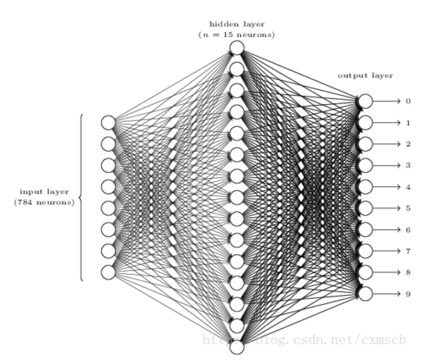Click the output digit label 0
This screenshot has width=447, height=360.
(x=408, y=101)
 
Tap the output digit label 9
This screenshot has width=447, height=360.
(x=408, y=294)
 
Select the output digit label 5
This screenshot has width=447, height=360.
(x=408, y=208)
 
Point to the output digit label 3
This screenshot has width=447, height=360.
(x=408, y=165)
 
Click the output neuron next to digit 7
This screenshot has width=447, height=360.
(x=365, y=250)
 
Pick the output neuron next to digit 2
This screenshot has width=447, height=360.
(x=365, y=144)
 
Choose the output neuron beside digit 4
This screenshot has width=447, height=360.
(x=365, y=187)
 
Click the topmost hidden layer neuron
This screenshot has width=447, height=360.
(x=237, y=47)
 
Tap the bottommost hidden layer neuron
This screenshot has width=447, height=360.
(x=237, y=347)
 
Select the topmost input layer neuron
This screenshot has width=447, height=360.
(x=108, y=122)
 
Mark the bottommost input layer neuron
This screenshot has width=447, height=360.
(x=108, y=272)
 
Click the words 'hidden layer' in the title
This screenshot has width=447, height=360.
(x=237, y=24)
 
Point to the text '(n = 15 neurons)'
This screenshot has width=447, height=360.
(x=237, y=34)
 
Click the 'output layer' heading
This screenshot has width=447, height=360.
(x=365, y=76)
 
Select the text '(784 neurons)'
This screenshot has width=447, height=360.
(x=44, y=202)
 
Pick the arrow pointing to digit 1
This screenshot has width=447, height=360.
(x=388, y=123)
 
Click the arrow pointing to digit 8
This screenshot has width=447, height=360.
(x=388, y=272)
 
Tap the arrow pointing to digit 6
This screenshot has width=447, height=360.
(x=388, y=230)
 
